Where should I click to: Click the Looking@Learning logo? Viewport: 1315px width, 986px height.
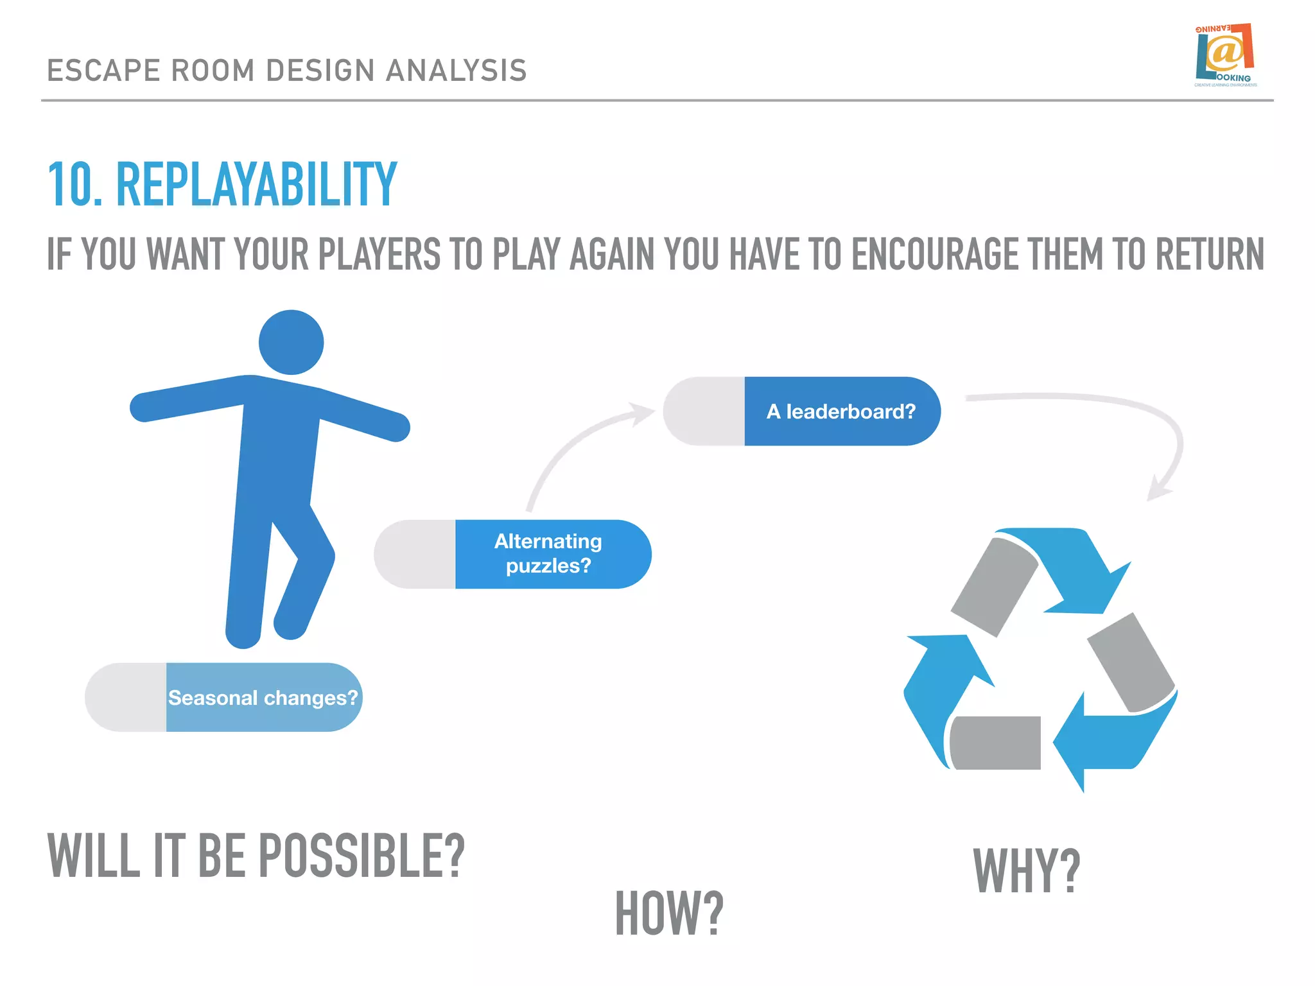point(1225,55)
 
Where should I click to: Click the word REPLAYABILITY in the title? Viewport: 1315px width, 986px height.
point(256,185)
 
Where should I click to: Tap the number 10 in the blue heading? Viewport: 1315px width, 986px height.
point(72,185)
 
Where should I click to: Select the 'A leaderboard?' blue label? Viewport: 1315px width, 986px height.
point(841,411)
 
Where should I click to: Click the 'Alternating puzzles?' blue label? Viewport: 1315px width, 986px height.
point(549,554)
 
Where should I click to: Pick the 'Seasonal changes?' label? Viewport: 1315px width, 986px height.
point(263,698)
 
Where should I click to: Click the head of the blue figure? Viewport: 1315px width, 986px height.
point(291,342)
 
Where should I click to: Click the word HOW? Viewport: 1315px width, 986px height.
point(669,913)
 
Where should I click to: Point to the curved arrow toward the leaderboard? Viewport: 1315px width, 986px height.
point(571,443)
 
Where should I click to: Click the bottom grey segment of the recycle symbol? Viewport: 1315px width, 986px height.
point(995,743)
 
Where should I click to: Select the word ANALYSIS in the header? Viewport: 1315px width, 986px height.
point(456,71)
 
